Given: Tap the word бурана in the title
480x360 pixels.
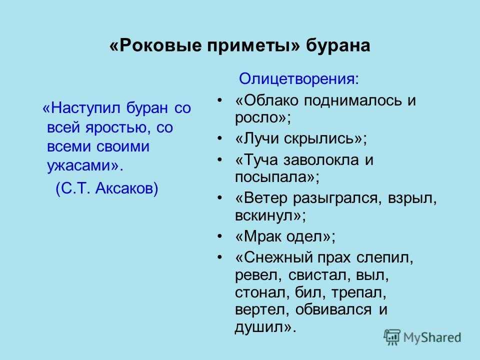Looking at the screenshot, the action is (338, 46).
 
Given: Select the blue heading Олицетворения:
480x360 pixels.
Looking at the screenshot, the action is (299, 79).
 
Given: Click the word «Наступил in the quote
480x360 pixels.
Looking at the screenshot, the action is (81, 108).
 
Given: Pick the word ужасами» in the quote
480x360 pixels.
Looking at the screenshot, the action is (85, 166).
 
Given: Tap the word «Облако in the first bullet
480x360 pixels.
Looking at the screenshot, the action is (266, 100).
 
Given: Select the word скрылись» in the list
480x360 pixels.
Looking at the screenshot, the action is (325, 138).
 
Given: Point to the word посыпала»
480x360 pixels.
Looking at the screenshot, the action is (277, 177).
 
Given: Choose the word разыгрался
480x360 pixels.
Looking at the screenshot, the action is (337, 198).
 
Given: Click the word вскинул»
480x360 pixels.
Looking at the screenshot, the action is (270, 215).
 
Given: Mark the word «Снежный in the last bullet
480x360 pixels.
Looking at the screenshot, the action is (274, 258).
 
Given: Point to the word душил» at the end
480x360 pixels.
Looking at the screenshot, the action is (265, 327).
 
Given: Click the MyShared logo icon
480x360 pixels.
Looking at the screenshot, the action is (392, 337).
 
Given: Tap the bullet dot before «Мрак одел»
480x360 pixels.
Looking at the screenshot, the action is (219, 236).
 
